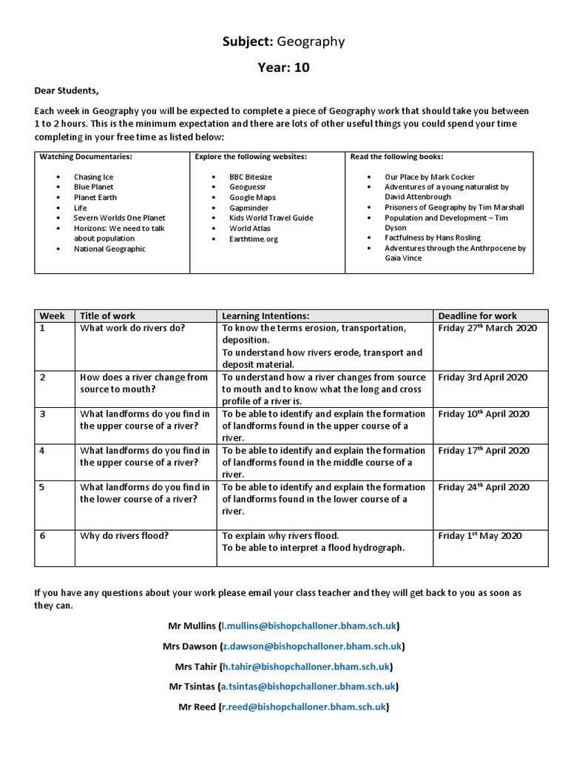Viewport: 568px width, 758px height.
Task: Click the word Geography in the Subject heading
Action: pyautogui.click(x=311, y=41)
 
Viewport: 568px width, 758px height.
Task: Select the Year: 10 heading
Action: pyautogui.click(x=283, y=68)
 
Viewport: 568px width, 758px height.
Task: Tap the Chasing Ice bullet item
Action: pyautogui.click(x=93, y=177)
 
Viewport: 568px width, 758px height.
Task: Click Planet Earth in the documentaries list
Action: pyautogui.click(x=95, y=198)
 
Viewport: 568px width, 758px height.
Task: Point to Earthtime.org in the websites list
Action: pyautogui.click(x=254, y=239)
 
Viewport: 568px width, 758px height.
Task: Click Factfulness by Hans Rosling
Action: pyautogui.click(x=433, y=238)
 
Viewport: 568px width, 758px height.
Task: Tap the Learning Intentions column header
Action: pyautogui.click(x=266, y=316)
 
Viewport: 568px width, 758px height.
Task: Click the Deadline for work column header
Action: pyautogui.click(x=478, y=316)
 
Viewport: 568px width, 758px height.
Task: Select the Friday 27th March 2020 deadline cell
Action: pyautogui.click(x=487, y=328)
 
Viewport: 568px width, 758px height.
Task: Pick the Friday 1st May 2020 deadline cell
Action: pyautogui.click(x=479, y=536)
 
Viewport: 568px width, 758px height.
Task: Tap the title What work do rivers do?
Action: pyautogui.click(x=132, y=328)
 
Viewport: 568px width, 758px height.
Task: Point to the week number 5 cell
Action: pyautogui.click(x=43, y=487)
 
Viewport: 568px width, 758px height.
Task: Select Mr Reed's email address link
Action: pyautogui.click(x=304, y=707)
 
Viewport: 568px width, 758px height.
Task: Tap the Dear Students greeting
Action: pyautogui.click(x=67, y=90)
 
